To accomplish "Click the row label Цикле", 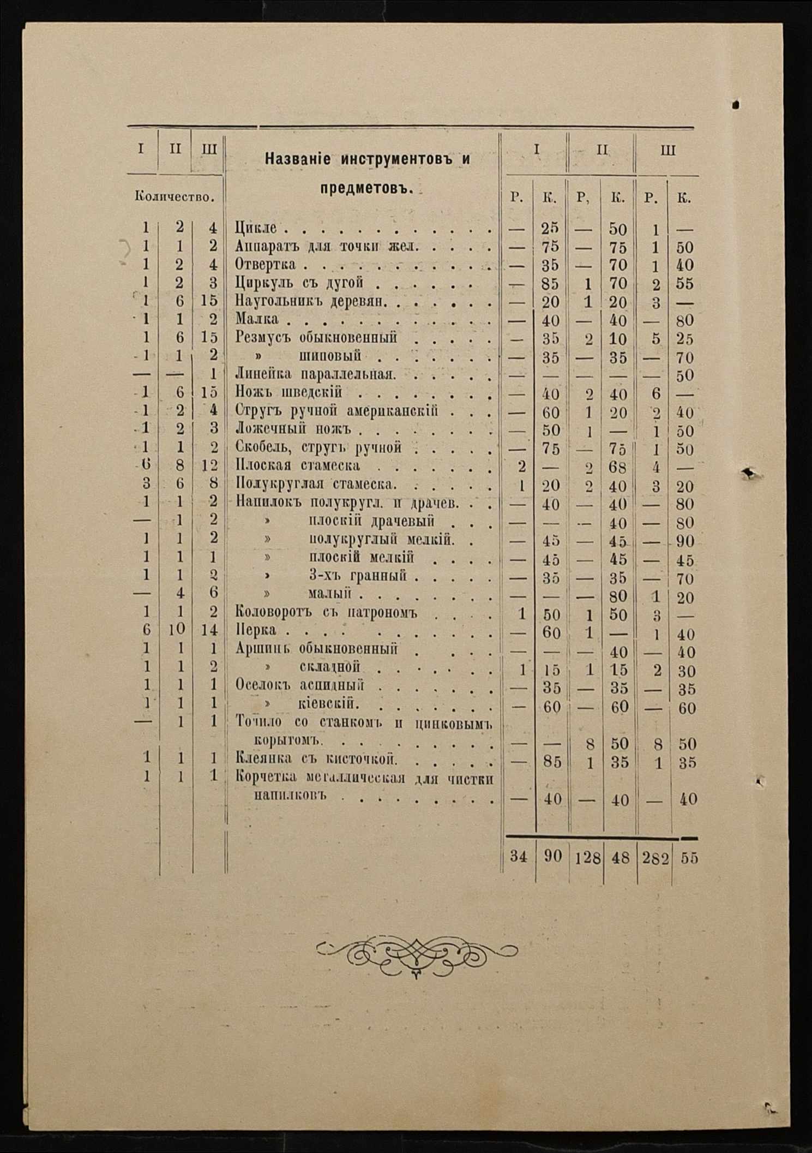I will point(256,228).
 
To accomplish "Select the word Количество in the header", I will point(173,197).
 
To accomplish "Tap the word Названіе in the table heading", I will point(297,159).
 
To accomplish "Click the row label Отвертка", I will point(266,265).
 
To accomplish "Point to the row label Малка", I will point(257,319).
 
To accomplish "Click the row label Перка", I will point(256,631).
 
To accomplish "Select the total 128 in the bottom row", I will point(587,858).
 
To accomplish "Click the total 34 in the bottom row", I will point(519,857).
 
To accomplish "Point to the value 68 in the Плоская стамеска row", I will point(618,468).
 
